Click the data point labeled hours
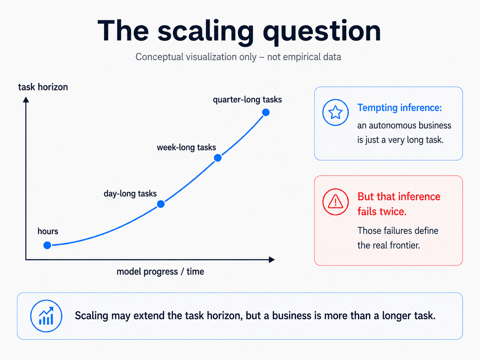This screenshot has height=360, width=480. (x=47, y=245)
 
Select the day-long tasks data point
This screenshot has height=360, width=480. (x=161, y=204)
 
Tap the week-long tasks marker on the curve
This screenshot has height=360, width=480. (x=217, y=158)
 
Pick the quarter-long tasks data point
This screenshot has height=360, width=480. (x=266, y=112)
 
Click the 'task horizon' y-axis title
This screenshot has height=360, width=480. (x=43, y=87)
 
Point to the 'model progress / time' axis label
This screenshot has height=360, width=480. (x=160, y=272)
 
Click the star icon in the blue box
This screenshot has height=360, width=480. (x=335, y=112)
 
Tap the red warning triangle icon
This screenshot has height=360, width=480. (x=335, y=202)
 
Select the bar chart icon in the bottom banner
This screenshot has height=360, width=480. (x=46, y=316)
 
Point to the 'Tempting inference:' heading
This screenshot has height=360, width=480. (x=399, y=108)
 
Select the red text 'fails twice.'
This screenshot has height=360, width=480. (x=382, y=211)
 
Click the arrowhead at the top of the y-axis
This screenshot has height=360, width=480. (x=26, y=99)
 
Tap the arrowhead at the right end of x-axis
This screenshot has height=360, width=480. (x=272, y=260)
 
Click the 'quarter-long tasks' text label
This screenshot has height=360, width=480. (x=247, y=100)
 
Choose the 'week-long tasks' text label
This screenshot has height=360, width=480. (x=186, y=148)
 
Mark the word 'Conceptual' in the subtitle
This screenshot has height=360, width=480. (x=159, y=57)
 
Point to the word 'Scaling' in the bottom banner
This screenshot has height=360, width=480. (x=91, y=316)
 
